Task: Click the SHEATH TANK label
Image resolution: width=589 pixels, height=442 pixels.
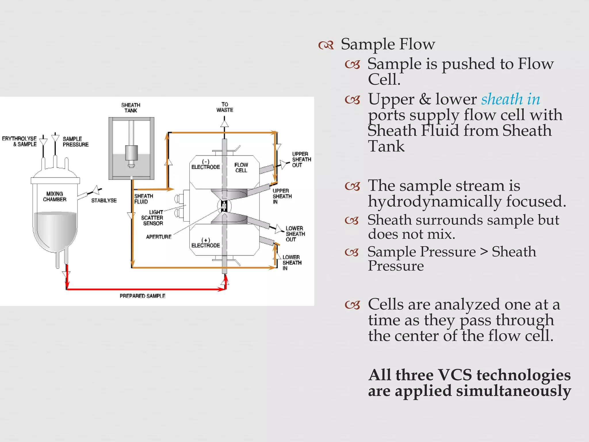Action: (x=131, y=108)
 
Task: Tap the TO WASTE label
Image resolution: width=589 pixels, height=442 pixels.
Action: (x=225, y=107)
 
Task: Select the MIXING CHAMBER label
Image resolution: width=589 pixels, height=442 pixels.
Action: (x=55, y=197)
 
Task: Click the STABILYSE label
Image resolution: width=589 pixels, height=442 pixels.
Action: (x=104, y=200)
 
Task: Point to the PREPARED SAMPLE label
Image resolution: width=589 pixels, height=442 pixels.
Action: (x=142, y=296)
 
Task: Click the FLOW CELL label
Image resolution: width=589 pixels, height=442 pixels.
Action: (x=241, y=167)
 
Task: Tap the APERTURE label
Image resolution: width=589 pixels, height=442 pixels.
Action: (x=158, y=237)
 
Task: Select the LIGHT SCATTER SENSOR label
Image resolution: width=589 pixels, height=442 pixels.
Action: (x=152, y=218)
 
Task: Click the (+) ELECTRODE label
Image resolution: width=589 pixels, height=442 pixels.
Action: (x=206, y=243)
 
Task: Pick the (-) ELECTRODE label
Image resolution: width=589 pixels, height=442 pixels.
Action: (x=206, y=165)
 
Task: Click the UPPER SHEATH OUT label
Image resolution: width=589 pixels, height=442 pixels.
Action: (x=301, y=159)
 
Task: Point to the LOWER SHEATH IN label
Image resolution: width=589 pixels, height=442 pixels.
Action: (x=292, y=262)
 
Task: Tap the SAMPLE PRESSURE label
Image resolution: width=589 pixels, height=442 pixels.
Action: (x=75, y=142)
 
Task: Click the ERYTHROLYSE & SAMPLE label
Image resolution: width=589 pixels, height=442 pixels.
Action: (x=20, y=141)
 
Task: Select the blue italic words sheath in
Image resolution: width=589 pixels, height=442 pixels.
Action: (x=510, y=99)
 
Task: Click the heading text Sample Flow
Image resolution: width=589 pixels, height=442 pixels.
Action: (x=388, y=44)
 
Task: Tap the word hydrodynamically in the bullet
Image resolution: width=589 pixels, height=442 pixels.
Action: (x=435, y=201)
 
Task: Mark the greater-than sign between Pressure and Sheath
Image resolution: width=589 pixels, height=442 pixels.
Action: (x=484, y=252)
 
